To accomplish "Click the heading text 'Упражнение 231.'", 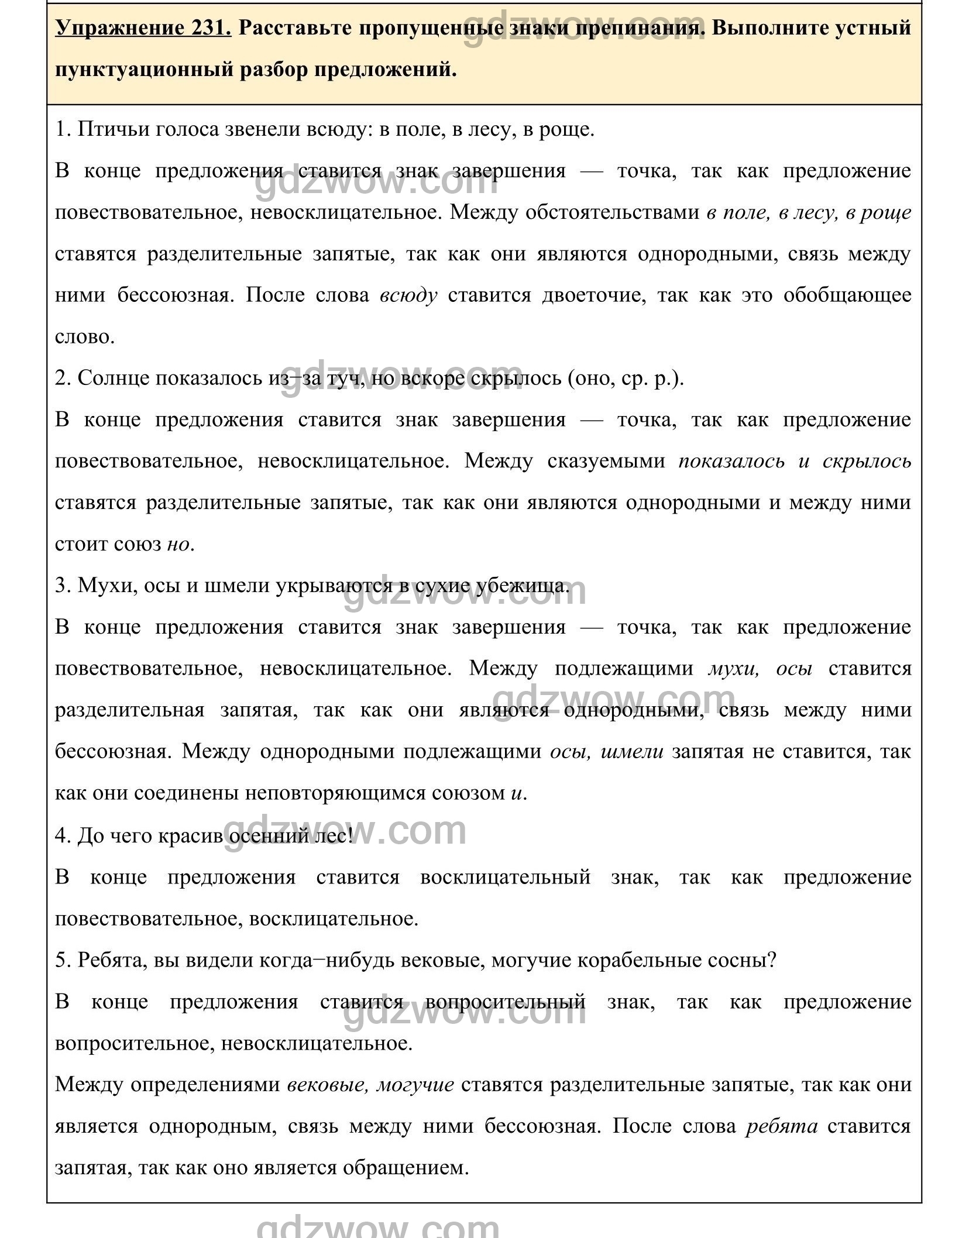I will (143, 27).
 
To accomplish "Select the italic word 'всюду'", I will (408, 295).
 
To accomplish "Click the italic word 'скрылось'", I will (867, 462).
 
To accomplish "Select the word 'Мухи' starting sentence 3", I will (98, 586).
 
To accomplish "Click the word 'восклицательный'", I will (506, 878).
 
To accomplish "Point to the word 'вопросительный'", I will (506, 1002).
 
